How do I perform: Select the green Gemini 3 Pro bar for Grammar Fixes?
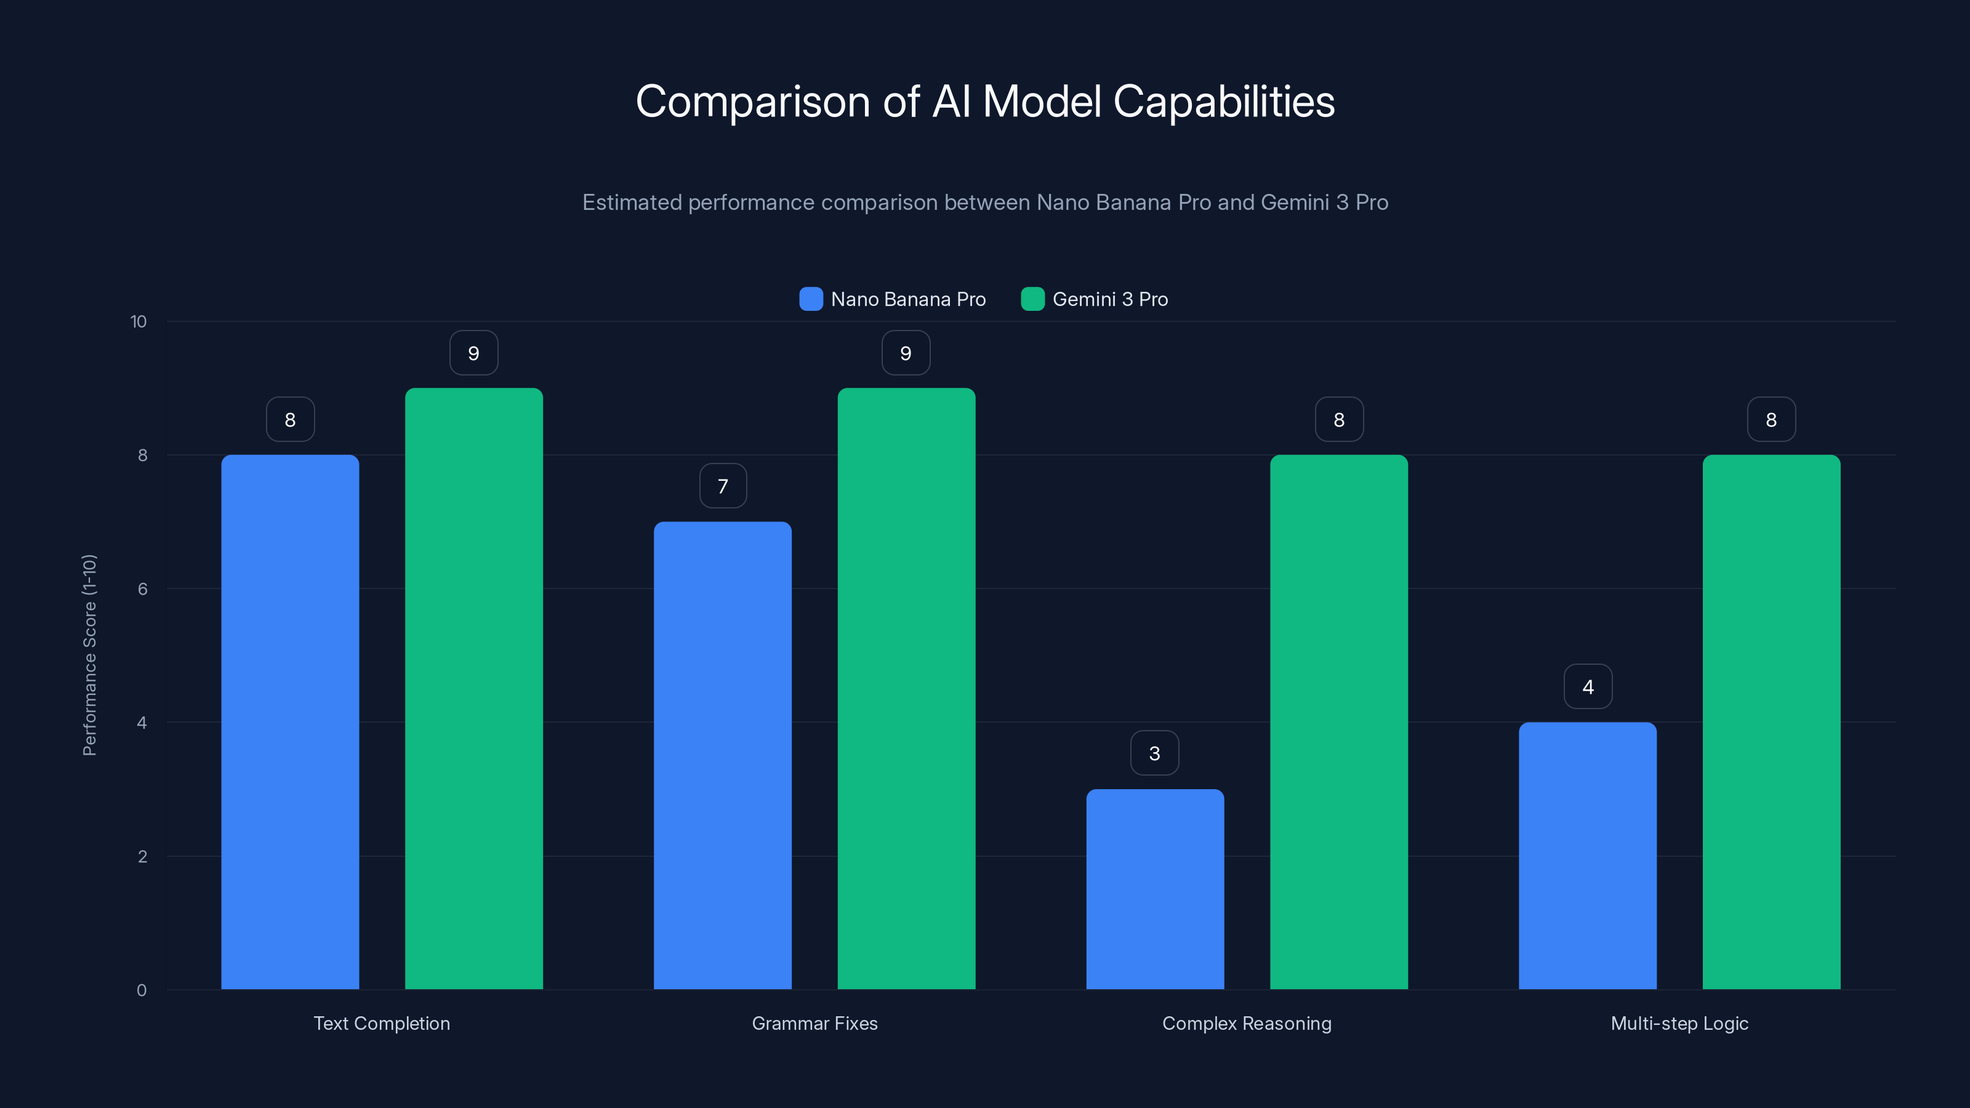(906, 688)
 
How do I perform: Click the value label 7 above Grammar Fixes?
(723, 486)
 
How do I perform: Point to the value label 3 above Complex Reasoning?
(1155, 753)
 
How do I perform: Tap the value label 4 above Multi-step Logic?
(1588, 687)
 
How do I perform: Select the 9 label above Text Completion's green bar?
(473, 353)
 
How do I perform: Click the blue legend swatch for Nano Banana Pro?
(811, 299)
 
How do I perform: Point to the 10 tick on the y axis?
(139, 321)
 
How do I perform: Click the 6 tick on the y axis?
(142, 589)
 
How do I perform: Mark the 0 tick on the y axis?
(142, 990)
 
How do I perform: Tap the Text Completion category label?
(382, 1023)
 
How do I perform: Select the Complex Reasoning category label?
(1247, 1023)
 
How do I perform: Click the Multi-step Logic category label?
(1679, 1023)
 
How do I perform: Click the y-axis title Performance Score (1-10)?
(89, 656)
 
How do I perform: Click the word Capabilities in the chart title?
(1224, 102)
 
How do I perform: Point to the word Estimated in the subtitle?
(632, 202)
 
